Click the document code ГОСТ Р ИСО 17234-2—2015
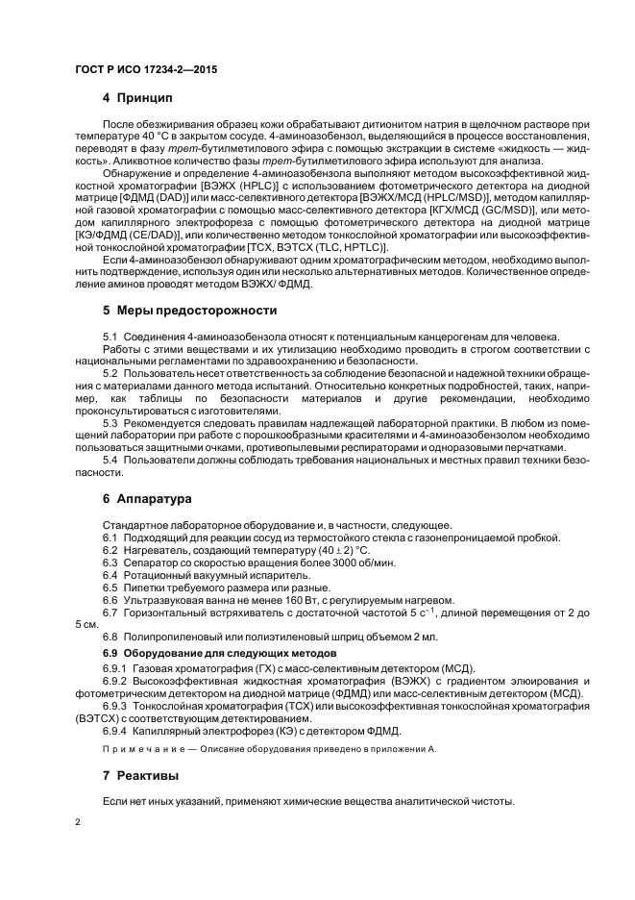tap(144, 70)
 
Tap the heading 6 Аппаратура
tap(147, 499)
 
